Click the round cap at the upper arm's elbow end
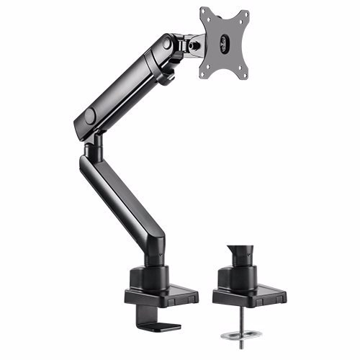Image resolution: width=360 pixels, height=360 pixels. (90, 115)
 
